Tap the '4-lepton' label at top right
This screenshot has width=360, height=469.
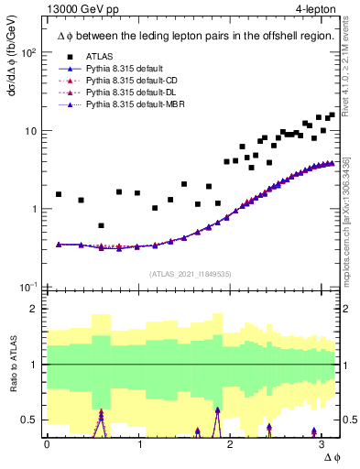point(314,10)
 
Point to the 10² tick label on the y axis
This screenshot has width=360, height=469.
point(28,52)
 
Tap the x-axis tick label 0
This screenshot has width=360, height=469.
point(47,442)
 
